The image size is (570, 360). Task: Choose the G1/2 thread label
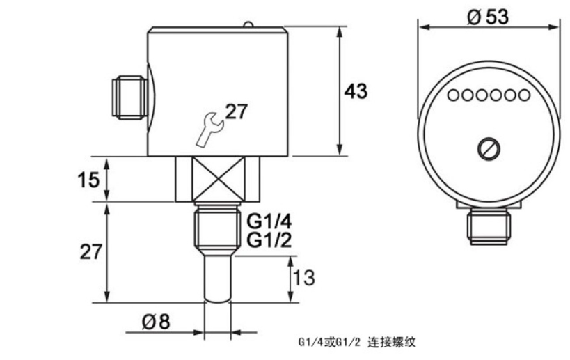[268, 240]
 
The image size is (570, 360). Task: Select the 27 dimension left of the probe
[89, 252]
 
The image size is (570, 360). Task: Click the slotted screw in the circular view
[486, 148]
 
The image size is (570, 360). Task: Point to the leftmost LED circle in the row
[454, 95]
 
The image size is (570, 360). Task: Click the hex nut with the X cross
[216, 178]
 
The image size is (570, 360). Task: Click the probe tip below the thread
[216, 279]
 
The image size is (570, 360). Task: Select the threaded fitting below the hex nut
[216, 227]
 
